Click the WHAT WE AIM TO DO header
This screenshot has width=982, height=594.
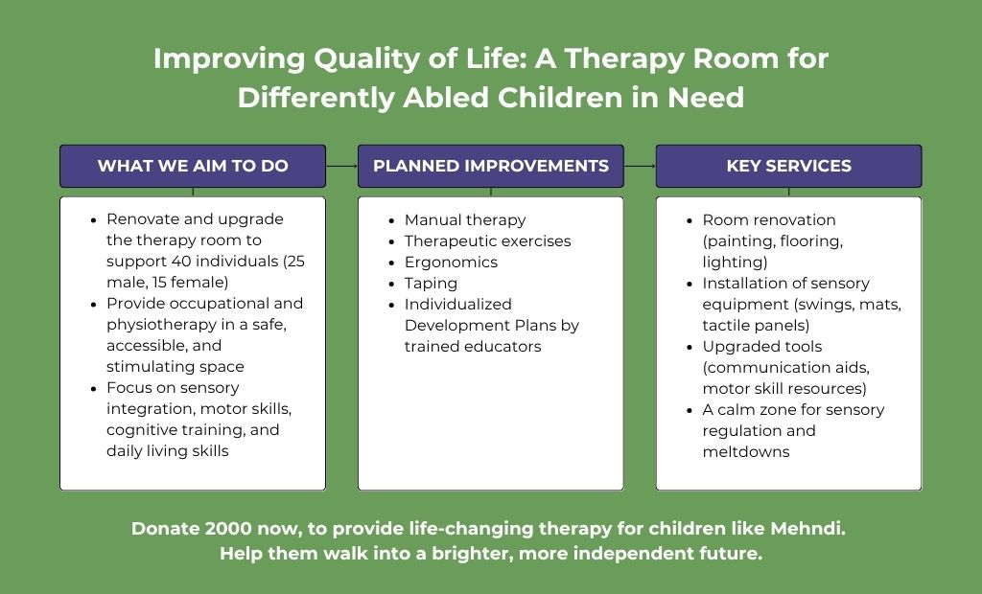[x=193, y=166]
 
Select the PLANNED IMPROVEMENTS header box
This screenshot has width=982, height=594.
[x=491, y=166]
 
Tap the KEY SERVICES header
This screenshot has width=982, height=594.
[x=789, y=166]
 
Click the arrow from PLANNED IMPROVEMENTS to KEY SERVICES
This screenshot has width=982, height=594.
[x=640, y=166]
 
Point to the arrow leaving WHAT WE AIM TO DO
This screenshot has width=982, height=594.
[x=342, y=166]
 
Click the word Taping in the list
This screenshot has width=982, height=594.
[x=431, y=284]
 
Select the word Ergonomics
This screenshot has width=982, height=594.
[x=451, y=263]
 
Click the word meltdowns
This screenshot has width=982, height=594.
[x=746, y=452]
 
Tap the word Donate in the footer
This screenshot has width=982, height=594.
[x=165, y=528]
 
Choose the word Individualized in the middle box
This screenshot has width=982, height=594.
[x=457, y=305]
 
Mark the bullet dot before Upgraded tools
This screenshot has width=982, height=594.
[x=690, y=348]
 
